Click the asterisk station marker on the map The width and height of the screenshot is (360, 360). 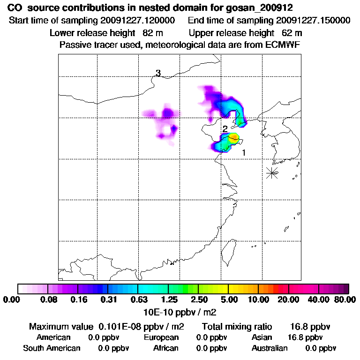271,172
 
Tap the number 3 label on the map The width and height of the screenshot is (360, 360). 158,73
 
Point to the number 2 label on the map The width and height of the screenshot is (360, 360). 225,128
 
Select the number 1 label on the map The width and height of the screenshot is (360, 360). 244,152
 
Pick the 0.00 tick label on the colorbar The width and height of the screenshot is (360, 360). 13,300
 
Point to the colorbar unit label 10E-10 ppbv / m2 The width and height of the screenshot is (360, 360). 180,311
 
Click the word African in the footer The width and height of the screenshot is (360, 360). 165,348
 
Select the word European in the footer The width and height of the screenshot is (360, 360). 161,337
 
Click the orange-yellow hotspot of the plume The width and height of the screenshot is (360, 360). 233,137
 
